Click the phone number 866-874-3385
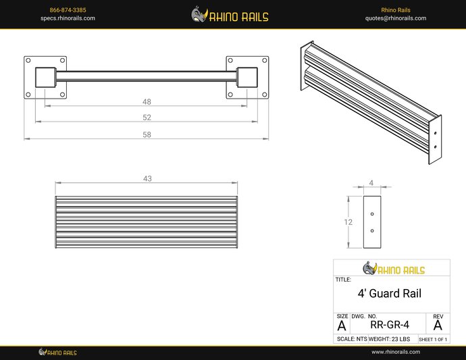pos(68,10)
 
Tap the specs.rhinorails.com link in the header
pos(68,18)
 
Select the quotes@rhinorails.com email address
pos(396,18)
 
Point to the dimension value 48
pos(147,102)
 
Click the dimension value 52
pos(147,118)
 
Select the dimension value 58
pos(147,134)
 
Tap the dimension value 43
pos(147,179)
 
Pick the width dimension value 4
pos(371,182)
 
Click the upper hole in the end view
pos(372,213)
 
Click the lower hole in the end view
pos(372,230)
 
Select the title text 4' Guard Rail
pos(389,294)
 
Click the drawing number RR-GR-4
pos(390,324)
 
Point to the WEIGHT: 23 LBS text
pos(391,339)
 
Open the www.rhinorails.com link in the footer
pos(396,352)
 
